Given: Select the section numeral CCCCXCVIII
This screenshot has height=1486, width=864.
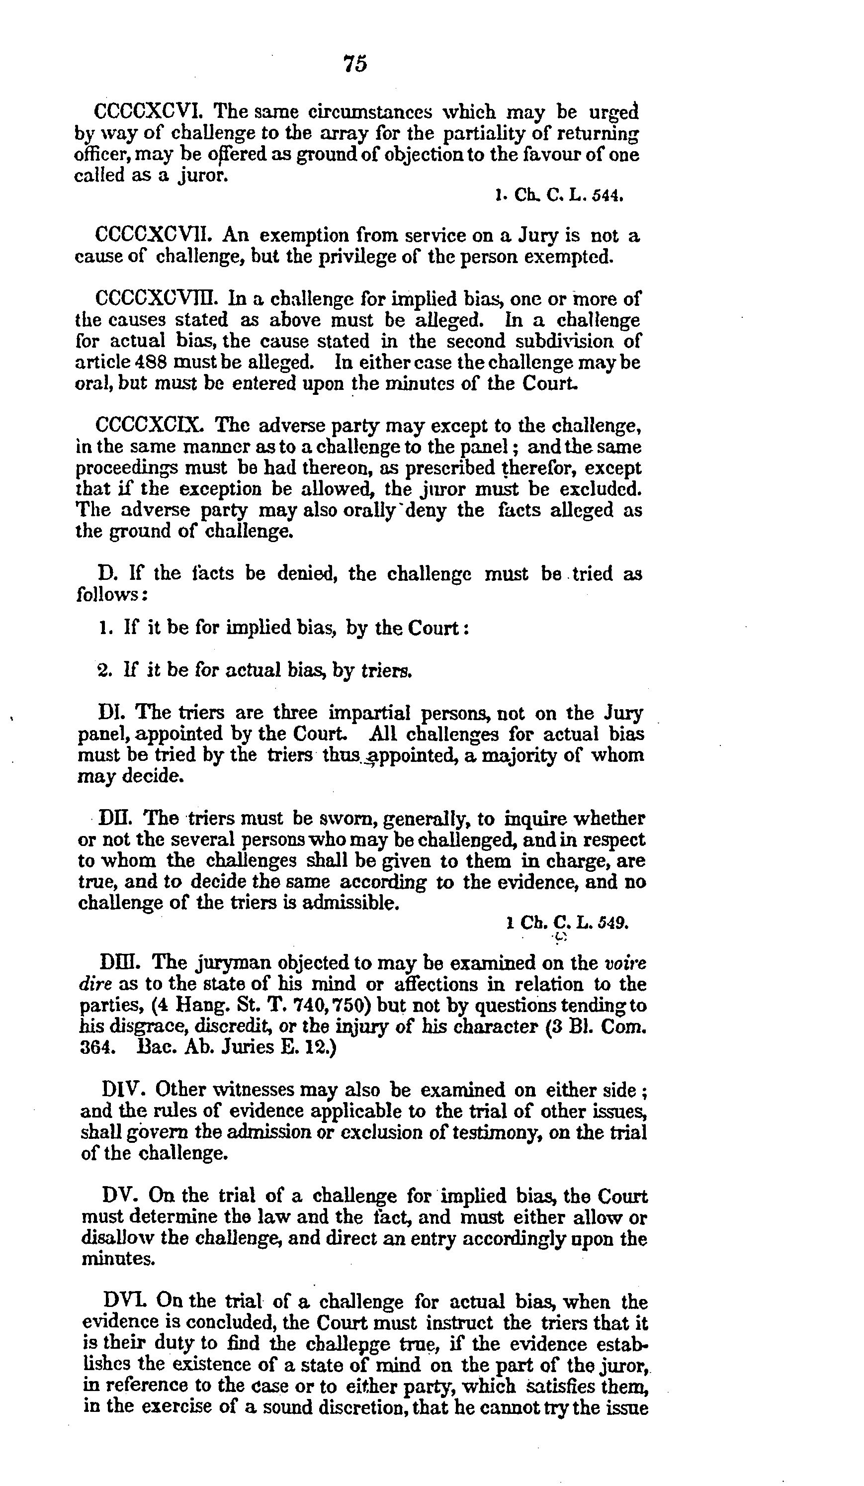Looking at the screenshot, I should [x=156, y=299].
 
